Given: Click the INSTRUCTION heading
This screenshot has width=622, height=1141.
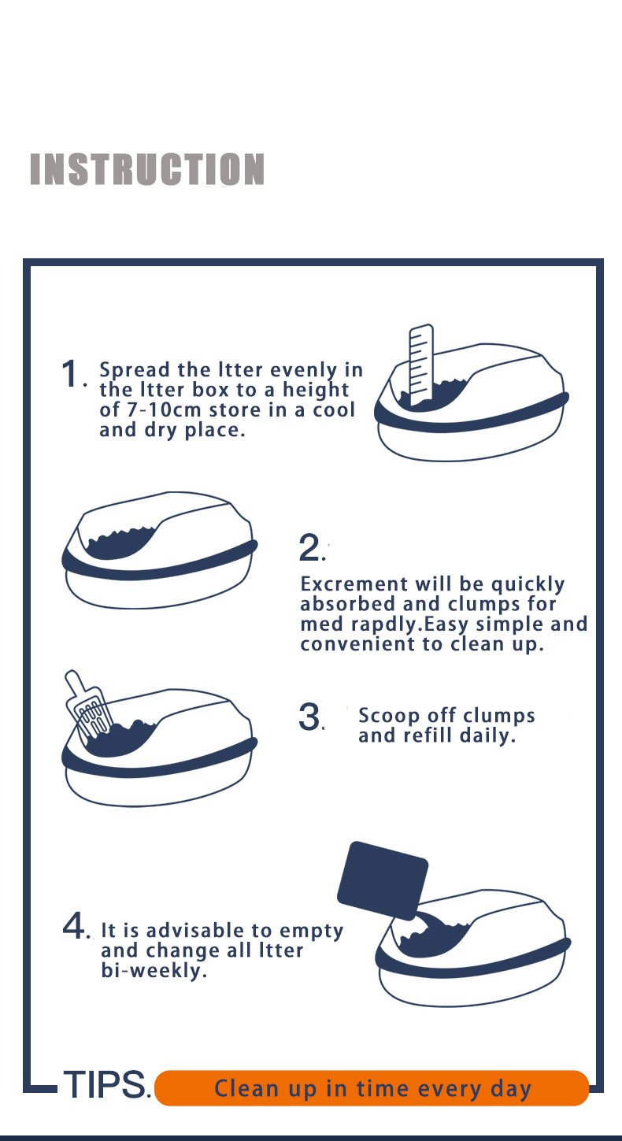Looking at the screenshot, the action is (x=147, y=169).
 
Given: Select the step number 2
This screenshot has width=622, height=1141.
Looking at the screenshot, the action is (x=309, y=547).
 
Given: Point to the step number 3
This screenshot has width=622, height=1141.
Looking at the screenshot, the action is (x=309, y=717).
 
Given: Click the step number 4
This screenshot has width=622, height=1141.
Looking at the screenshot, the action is (x=74, y=925).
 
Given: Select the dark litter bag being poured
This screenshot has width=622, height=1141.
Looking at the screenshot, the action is (x=383, y=880).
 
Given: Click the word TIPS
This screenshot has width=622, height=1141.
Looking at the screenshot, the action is (x=105, y=1084).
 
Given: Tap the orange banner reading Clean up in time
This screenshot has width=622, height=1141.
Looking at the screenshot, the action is (x=372, y=1088).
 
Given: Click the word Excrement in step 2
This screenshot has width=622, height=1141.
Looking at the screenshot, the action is (x=354, y=583).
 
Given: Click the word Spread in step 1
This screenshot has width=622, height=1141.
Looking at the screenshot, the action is (x=135, y=370).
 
